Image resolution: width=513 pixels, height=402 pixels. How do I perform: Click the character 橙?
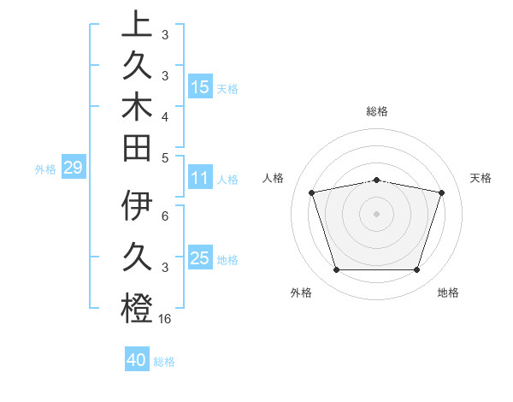tap(137, 308)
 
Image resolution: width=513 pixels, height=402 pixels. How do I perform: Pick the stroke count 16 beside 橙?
tap(165, 319)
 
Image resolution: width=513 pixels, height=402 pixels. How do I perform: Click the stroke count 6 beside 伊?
tap(165, 217)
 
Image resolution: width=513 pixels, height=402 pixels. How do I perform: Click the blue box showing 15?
tap(200, 86)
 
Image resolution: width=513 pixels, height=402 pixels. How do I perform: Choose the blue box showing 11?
tap(200, 179)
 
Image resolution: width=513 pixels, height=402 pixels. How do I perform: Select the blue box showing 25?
tap(200, 258)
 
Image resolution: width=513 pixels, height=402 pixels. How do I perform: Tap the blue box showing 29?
tap(73, 168)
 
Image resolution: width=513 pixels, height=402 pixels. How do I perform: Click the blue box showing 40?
tap(137, 360)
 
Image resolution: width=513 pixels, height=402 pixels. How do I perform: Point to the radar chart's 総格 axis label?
tap(377, 111)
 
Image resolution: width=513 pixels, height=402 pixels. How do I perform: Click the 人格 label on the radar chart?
tap(274, 178)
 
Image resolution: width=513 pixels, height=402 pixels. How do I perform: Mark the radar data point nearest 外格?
tap(336, 270)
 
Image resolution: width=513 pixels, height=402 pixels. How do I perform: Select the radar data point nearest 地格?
tap(417, 270)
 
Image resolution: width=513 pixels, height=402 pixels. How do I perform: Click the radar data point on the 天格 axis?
tap(442, 192)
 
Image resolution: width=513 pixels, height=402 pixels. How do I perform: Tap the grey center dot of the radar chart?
tap(377, 214)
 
